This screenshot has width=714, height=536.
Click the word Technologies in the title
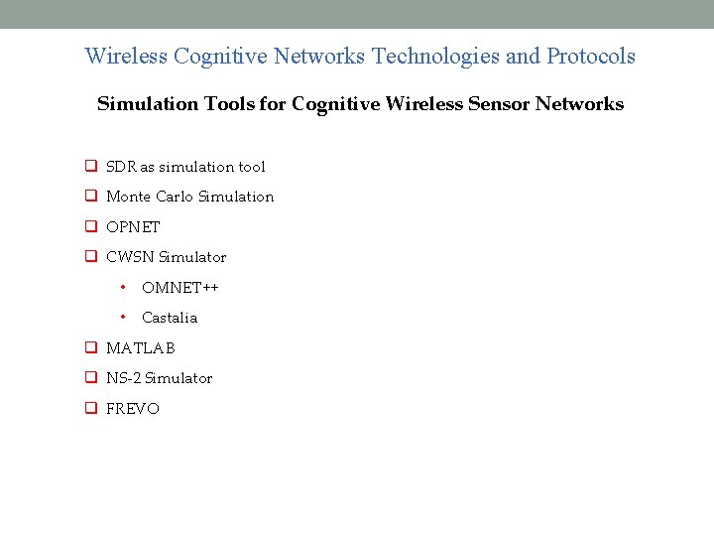click(x=435, y=56)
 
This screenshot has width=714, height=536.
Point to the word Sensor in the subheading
click(x=488, y=104)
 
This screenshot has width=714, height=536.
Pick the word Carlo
click(x=173, y=197)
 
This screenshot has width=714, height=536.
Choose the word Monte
click(x=128, y=197)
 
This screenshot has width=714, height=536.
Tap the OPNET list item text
click(x=133, y=227)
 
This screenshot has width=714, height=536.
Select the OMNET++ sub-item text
click(x=180, y=288)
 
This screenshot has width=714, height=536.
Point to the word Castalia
click(x=170, y=318)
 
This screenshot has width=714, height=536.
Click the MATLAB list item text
click(x=141, y=348)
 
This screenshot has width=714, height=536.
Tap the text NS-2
click(x=123, y=378)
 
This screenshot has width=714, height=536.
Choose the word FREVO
click(x=133, y=409)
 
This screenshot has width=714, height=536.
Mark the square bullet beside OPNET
click(x=89, y=227)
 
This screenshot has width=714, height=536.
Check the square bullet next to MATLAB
click(x=89, y=348)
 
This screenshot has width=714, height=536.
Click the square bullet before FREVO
click(x=89, y=409)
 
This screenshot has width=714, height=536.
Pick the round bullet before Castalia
click(x=122, y=317)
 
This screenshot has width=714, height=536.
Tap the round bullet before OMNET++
click(x=122, y=287)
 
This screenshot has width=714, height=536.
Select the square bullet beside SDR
click(x=89, y=167)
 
